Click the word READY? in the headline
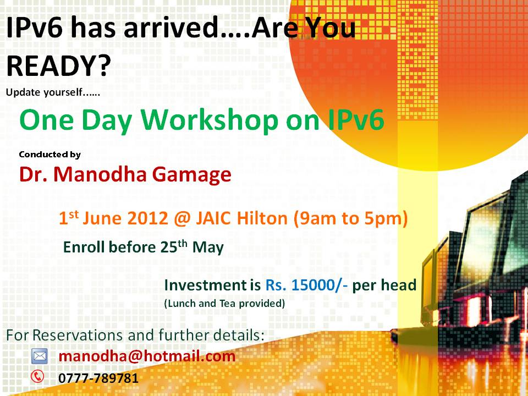coord(59,65)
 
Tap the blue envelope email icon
coord(40,356)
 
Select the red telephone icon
coord(37,376)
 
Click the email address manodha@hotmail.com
coord(147,356)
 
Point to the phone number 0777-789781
coord(98,378)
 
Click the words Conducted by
coord(50,155)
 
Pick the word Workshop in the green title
coord(210,120)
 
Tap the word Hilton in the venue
coord(262,218)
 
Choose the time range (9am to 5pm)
coord(350,219)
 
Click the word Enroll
coord(84,247)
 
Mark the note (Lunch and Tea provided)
coord(224,304)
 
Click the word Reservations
coord(78,335)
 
